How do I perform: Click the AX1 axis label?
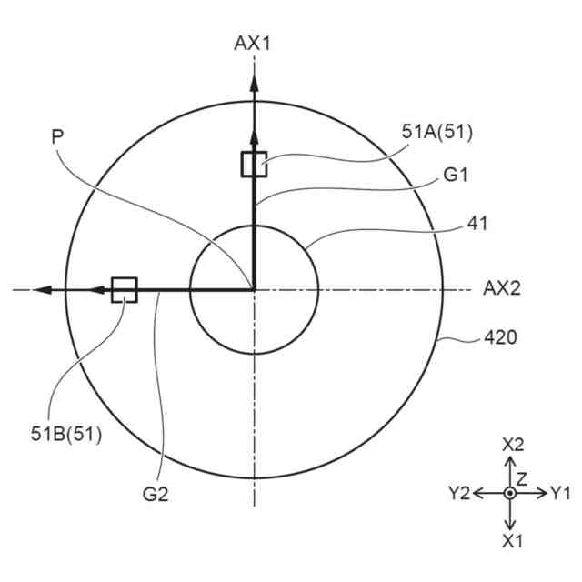click(252, 44)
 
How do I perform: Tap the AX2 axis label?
click(502, 288)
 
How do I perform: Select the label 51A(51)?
click(437, 132)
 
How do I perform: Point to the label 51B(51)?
click(66, 434)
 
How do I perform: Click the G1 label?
click(456, 175)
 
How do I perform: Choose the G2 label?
click(156, 494)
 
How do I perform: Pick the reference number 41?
click(477, 224)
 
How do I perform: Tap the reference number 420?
click(500, 337)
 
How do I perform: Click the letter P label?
click(57, 137)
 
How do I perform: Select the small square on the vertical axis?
click(254, 164)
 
